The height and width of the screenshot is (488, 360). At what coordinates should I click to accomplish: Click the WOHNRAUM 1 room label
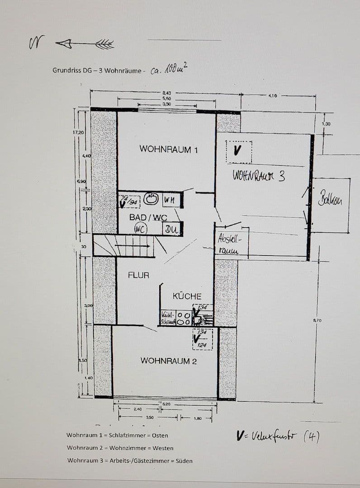coord(168,149)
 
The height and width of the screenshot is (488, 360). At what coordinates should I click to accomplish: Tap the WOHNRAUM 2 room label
coord(169,361)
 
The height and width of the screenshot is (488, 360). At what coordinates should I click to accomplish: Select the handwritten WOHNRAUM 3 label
coord(259,175)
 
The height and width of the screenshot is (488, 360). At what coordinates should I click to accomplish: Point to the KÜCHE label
coord(187,296)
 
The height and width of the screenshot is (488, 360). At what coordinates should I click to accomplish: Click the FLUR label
coord(138,275)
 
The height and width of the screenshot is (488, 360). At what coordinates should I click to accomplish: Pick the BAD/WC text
coord(148,217)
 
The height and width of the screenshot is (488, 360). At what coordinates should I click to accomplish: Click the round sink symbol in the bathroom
coord(151,199)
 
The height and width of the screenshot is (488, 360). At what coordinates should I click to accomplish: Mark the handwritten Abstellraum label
coord(230,244)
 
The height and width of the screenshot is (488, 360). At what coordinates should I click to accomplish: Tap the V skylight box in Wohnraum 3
coord(238,151)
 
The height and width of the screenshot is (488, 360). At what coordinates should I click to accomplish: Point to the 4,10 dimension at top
coord(273,96)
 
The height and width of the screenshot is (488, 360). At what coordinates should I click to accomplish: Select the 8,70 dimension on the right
coord(317,320)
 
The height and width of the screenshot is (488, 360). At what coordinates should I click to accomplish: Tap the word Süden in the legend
coord(184,461)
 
